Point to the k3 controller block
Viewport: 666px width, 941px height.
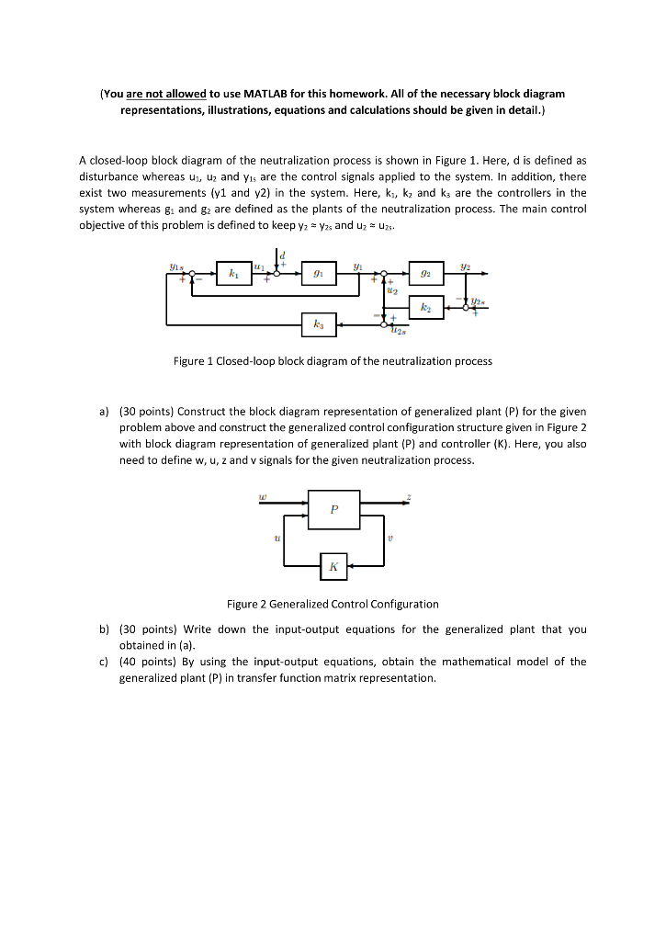tap(318, 323)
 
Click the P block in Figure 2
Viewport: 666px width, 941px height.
tap(333, 510)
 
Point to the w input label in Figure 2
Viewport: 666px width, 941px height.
tap(264, 496)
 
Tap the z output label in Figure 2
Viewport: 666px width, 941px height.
tap(409, 496)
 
